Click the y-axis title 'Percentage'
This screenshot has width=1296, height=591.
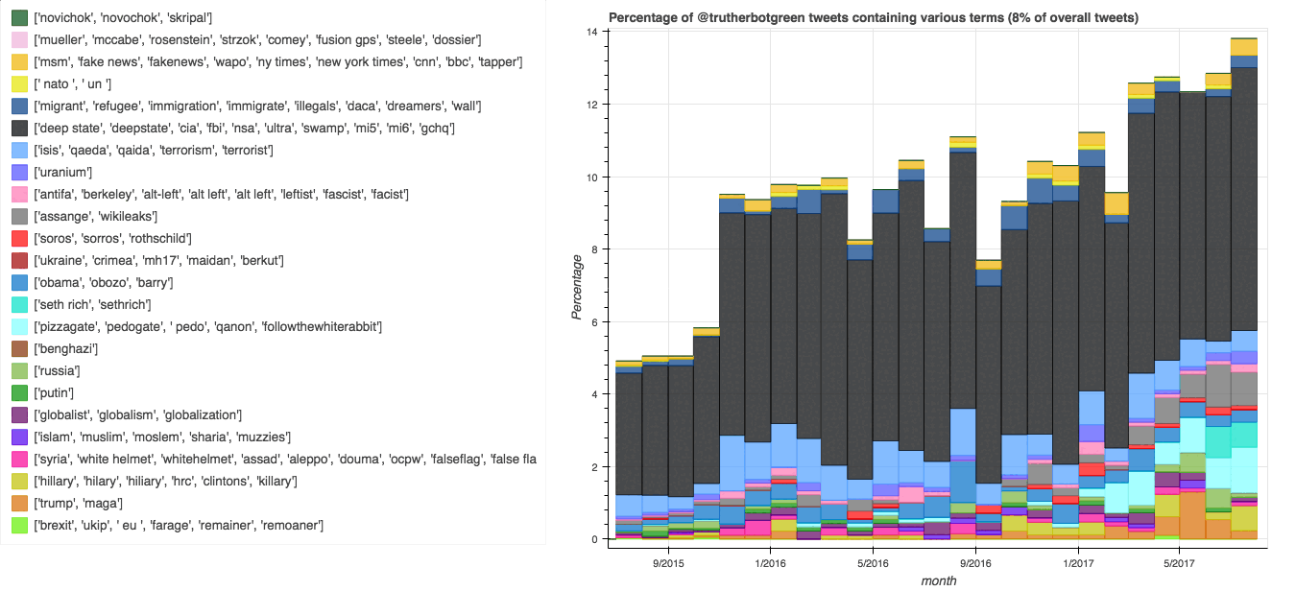click(x=577, y=287)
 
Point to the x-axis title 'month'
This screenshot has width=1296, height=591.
click(x=938, y=579)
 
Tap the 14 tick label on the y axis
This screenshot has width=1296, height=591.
click(x=592, y=32)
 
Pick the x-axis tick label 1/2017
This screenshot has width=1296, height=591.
click(x=1077, y=561)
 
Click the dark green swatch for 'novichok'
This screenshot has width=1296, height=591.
click(x=16, y=17)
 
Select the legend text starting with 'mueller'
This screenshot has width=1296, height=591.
click(x=256, y=39)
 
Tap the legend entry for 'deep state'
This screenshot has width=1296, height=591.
click(x=244, y=128)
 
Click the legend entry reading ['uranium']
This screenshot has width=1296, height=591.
click(x=62, y=172)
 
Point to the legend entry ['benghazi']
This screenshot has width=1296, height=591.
click(x=66, y=348)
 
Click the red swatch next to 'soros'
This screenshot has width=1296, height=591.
click(x=16, y=238)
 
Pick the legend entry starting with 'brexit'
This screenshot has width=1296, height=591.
click(x=178, y=525)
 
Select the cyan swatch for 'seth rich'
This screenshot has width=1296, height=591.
click(x=16, y=304)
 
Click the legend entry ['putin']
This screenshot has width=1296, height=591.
click(x=55, y=392)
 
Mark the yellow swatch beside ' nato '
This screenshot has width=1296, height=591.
click(x=16, y=83)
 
